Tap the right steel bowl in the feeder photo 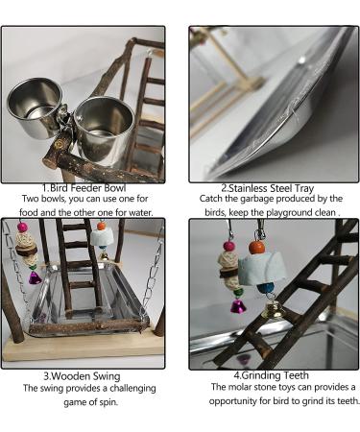[104, 127]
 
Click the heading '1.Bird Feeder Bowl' [84, 187]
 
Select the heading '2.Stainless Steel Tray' [268, 188]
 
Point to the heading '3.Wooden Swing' [82, 376]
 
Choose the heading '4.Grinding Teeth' [272, 375]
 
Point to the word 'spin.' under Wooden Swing [108, 402]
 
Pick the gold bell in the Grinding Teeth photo [271, 309]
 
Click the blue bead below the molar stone [265, 288]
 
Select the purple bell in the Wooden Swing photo [35, 277]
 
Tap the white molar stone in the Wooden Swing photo [100, 238]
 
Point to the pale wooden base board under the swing [83, 348]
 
